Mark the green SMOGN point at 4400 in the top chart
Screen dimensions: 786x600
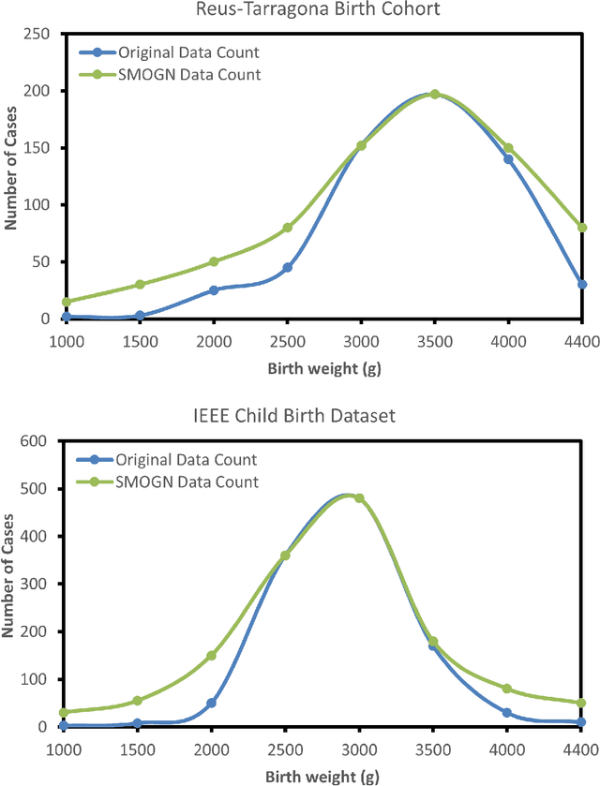tap(582, 227)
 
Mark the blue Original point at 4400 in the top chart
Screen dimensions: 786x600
tap(582, 284)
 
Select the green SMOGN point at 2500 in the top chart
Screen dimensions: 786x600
tap(287, 228)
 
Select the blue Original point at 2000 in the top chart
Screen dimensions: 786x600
tap(213, 290)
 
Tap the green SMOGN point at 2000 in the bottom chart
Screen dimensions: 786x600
tap(212, 655)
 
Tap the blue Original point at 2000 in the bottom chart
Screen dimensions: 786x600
tap(212, 703)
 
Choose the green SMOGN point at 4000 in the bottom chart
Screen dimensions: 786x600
tap(507, 689)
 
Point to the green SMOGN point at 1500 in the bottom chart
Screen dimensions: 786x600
tap(138, 700)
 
